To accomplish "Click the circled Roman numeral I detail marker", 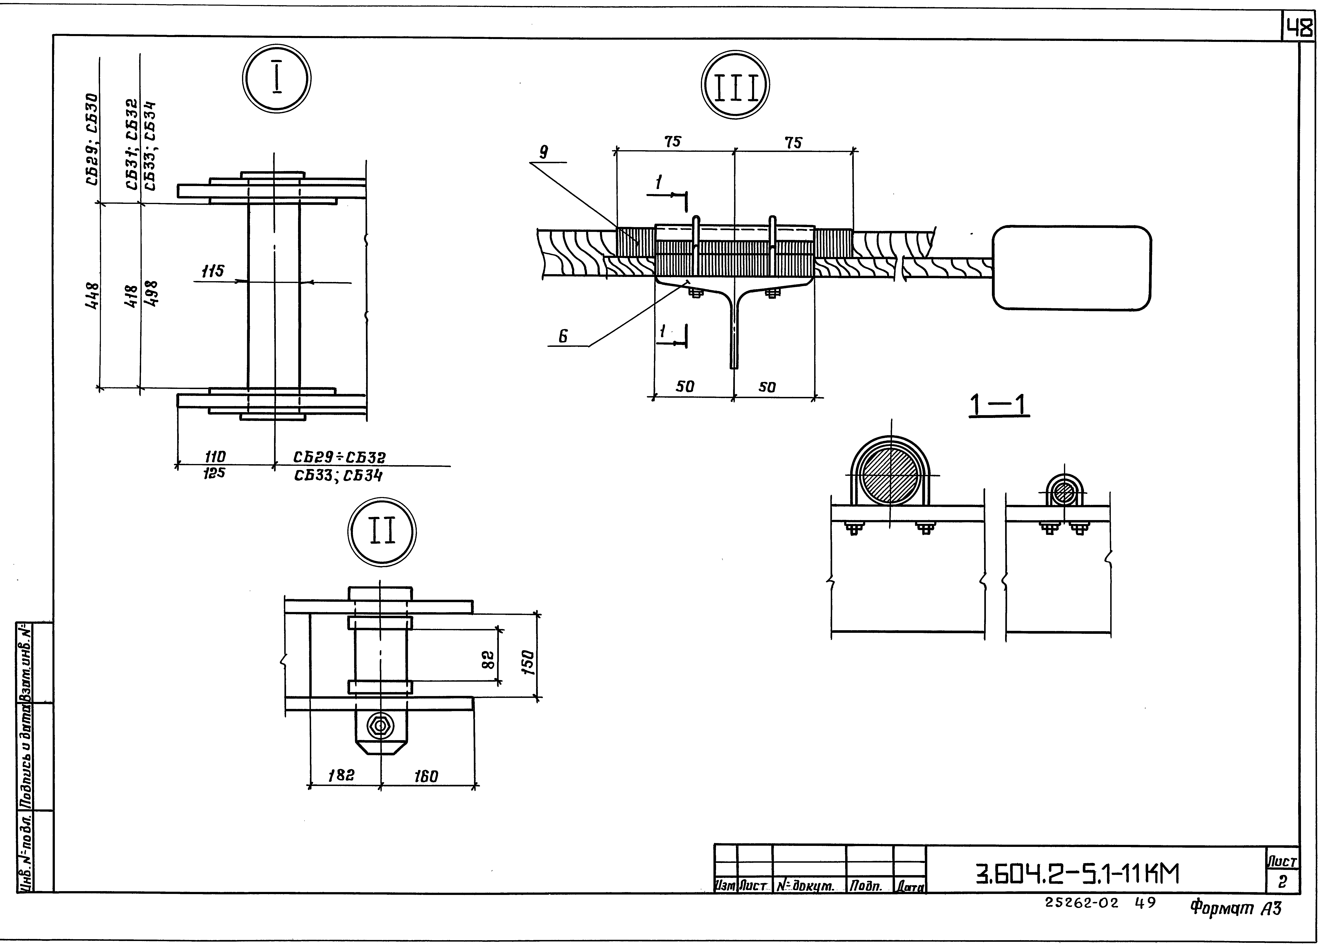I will (277, 80).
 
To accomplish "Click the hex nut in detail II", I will (381, 726).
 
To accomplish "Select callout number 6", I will (563, 336).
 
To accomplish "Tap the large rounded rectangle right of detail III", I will (1072, 268).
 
